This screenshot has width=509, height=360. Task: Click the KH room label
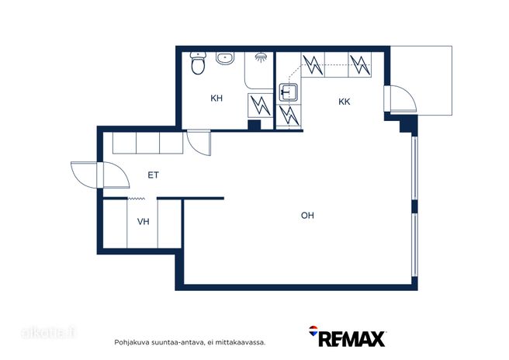pos(216,98)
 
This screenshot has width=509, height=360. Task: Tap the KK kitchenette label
pos(344,102)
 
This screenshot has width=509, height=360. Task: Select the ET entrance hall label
pos(153,175)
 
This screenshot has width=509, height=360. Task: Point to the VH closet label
pos(143,222)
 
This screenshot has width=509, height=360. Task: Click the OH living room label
pos(307,216)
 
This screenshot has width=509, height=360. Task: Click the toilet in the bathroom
pos(198,63)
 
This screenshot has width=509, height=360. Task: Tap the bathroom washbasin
pos(225,58)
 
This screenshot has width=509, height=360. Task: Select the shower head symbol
pos(261,57)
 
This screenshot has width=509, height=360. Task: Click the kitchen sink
pos(289,92)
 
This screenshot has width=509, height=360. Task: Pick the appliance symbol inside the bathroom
pos(261,106)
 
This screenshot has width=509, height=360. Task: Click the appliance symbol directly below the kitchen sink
pos(289,116)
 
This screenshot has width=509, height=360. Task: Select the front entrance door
pos(100,175)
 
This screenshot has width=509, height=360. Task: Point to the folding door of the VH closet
pos(137,199)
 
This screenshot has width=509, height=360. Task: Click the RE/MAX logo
pos(347,337)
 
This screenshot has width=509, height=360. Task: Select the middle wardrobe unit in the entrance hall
pos(147,143)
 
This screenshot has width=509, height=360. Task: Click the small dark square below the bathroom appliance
pos(254,125)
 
